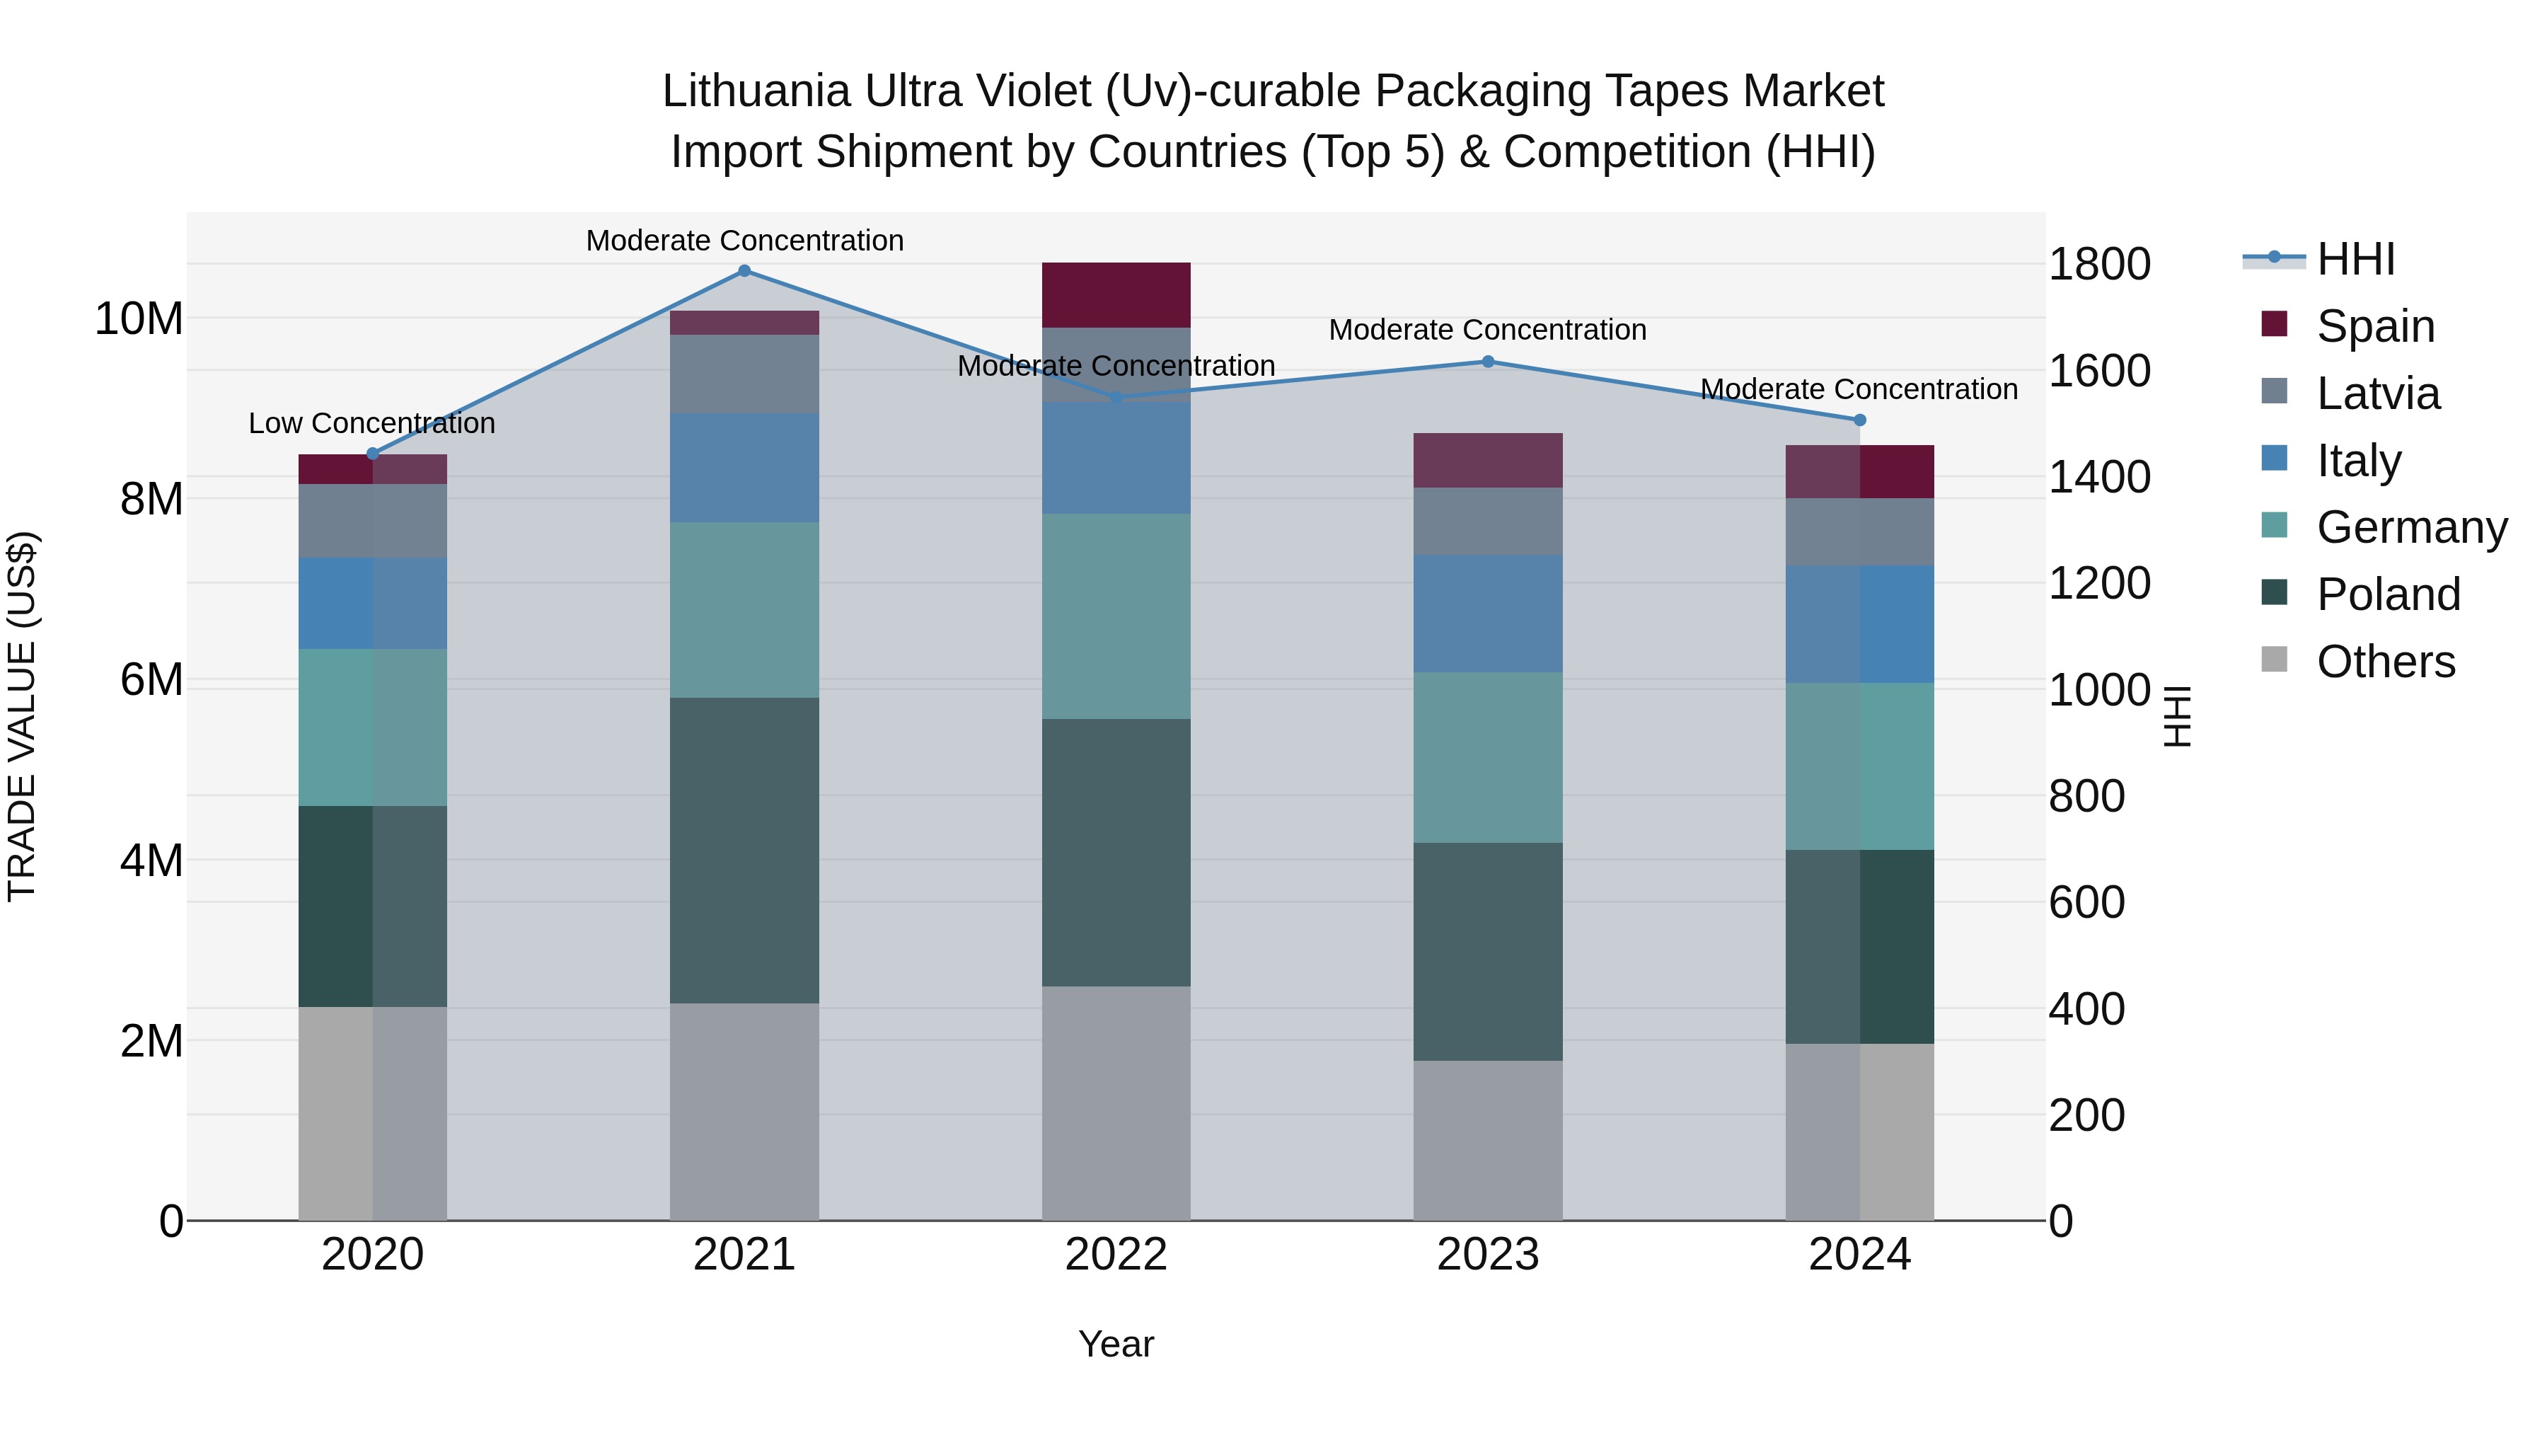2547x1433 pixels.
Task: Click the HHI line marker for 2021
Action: [x=744, y=271]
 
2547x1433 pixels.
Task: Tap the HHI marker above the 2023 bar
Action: [x=1487, y=362]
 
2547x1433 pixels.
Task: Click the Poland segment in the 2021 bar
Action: [x=744, y=851]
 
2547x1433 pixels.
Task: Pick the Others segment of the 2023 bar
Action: [x=1487, y=1140]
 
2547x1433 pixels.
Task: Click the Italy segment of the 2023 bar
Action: [x=1487, y=614]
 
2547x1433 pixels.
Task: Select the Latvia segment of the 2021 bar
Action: [x=744, y=374]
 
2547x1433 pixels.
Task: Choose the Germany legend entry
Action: [x=2410, y=527]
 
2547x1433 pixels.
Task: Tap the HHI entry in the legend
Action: [x=2355, y=259]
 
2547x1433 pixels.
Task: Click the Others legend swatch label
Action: [x=2385, y=662]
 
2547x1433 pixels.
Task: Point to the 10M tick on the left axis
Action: [x=139, y=319]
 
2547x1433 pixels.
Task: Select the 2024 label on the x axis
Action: [x=1859, y=1255]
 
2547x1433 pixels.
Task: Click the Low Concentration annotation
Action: [x=371, y=423]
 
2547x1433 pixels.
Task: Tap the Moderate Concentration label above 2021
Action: [x=744, y=241]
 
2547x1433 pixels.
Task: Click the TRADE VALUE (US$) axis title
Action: [x=22, y=716]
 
